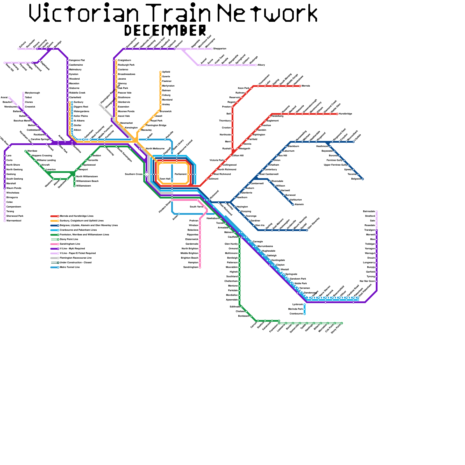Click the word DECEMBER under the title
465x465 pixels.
(x=165, y=30)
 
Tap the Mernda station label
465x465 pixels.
(x=306, y=86)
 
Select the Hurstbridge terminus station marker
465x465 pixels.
(x=337, y=114)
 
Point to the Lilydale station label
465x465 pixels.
(x=358, y=137)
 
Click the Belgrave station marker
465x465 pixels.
(x=363, y=179)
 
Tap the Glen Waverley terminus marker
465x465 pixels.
(x=307, y=230)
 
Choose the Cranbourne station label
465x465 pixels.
(x=296, y=314)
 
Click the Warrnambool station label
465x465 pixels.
(x=14, y=221)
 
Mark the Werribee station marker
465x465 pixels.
(x=26, y=151)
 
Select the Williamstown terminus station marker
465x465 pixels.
(x=74, y=186)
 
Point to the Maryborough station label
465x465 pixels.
(x=32, y=93)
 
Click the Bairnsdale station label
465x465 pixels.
(x=369, y=212)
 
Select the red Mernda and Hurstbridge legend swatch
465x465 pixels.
(x=54, y=216)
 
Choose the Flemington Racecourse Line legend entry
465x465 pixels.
(x=75, y=258)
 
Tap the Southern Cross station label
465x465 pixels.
(x=133, y=174)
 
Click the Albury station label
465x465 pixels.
(x=261, y=65)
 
